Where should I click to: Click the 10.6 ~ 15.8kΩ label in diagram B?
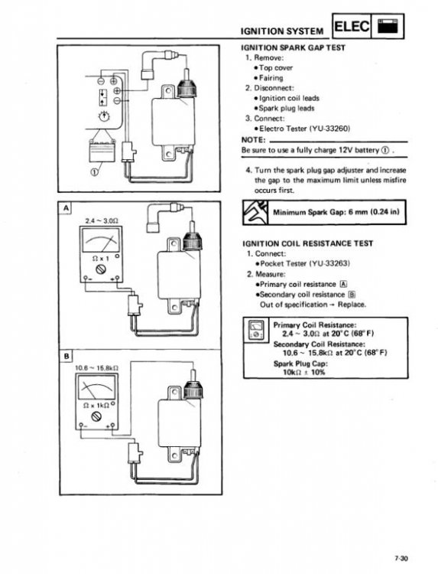coord(96,369)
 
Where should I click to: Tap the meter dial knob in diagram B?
coord(97,416)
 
